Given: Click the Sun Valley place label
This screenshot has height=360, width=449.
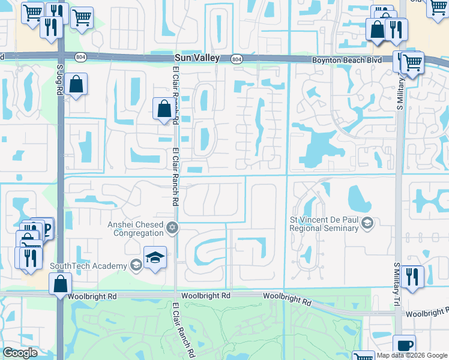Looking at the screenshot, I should point(196,58).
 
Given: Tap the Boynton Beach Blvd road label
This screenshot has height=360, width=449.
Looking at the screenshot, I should point(347,61).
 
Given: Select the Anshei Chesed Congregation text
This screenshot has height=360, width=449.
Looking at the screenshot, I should point(135,229).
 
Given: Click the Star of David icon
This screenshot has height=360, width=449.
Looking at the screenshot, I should point(172,227).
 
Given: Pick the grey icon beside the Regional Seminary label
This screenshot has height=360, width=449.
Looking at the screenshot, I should point(367,224).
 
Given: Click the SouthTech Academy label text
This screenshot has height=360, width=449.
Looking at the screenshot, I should point(88,266).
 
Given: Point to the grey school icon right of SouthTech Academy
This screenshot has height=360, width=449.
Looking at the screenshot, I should point(137,266).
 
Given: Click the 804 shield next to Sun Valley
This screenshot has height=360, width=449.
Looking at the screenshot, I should point(236,59).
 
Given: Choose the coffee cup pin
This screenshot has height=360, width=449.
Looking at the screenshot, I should point(404,346).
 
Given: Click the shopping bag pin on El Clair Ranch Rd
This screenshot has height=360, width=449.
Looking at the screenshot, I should point(164,109).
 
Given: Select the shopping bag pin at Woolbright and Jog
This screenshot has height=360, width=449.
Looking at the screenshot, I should point(61,284).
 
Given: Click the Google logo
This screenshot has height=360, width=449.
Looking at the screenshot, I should point(20,353).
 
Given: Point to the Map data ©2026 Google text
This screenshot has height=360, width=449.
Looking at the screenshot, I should point(411,355).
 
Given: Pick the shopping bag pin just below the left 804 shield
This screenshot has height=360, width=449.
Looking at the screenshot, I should point(77,85).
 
